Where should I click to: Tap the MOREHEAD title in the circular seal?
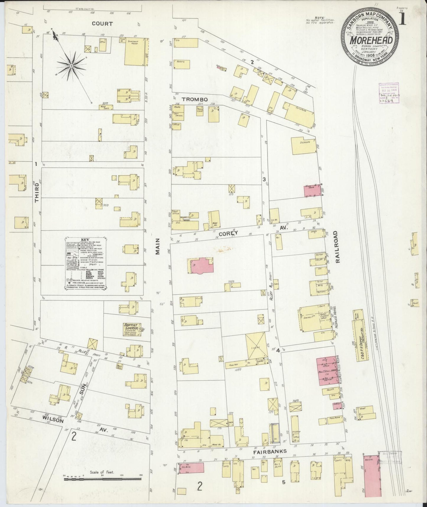coord(371,40)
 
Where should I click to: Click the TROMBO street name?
coord(195,99)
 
